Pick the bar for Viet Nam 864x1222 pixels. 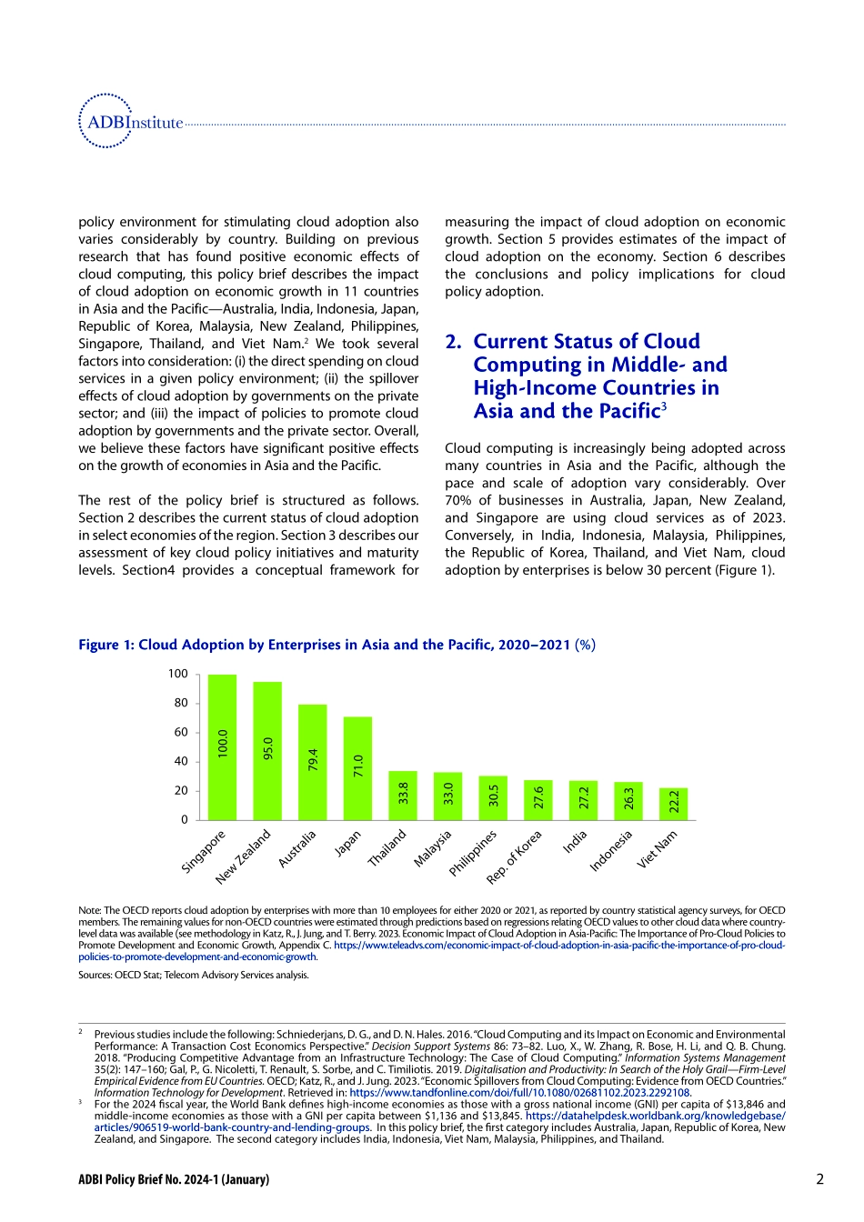click(x=674, y=804)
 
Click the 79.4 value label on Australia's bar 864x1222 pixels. click(x=313, y=760)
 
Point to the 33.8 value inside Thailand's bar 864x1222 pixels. click(x=403, y=793)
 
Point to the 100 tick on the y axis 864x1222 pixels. click(x=177, y=674)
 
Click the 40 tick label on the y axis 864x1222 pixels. click(x=181, y=761)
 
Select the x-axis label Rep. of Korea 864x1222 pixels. click(x=515, y=856)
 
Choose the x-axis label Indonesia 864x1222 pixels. click(x=611, y=851)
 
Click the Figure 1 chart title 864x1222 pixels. click(x=337, y=645)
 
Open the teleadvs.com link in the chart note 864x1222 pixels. click(x=558, y=946)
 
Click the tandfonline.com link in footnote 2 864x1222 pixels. click(x=519, y=1093)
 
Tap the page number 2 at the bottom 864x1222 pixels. click(x=819, y=1179)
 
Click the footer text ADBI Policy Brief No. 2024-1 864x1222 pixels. click(x=174, y=1179)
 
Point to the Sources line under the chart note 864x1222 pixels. click(x=194, y=975)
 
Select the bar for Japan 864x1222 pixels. click(x=357, y=768)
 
